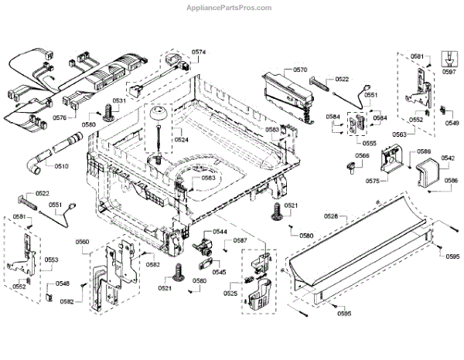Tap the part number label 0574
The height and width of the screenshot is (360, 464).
[x=199, y=53]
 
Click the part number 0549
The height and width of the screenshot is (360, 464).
[x=452, y=123]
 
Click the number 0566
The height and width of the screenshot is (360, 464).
[x=362, y=156]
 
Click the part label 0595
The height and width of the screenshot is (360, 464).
[x=452, y=256]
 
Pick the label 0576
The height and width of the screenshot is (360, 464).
[x=60, y=117]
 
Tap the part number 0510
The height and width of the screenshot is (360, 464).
[x=61, y=165]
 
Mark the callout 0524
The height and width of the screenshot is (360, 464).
[x=181, y=140]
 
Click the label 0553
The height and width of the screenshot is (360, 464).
[x=50, y=260]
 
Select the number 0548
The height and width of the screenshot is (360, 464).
[x=62, y=284]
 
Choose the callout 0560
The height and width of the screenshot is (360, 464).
[x=82, y=242]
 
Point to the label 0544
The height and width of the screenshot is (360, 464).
[x=220, y=232]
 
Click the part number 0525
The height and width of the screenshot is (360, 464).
[x=230, y=294]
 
